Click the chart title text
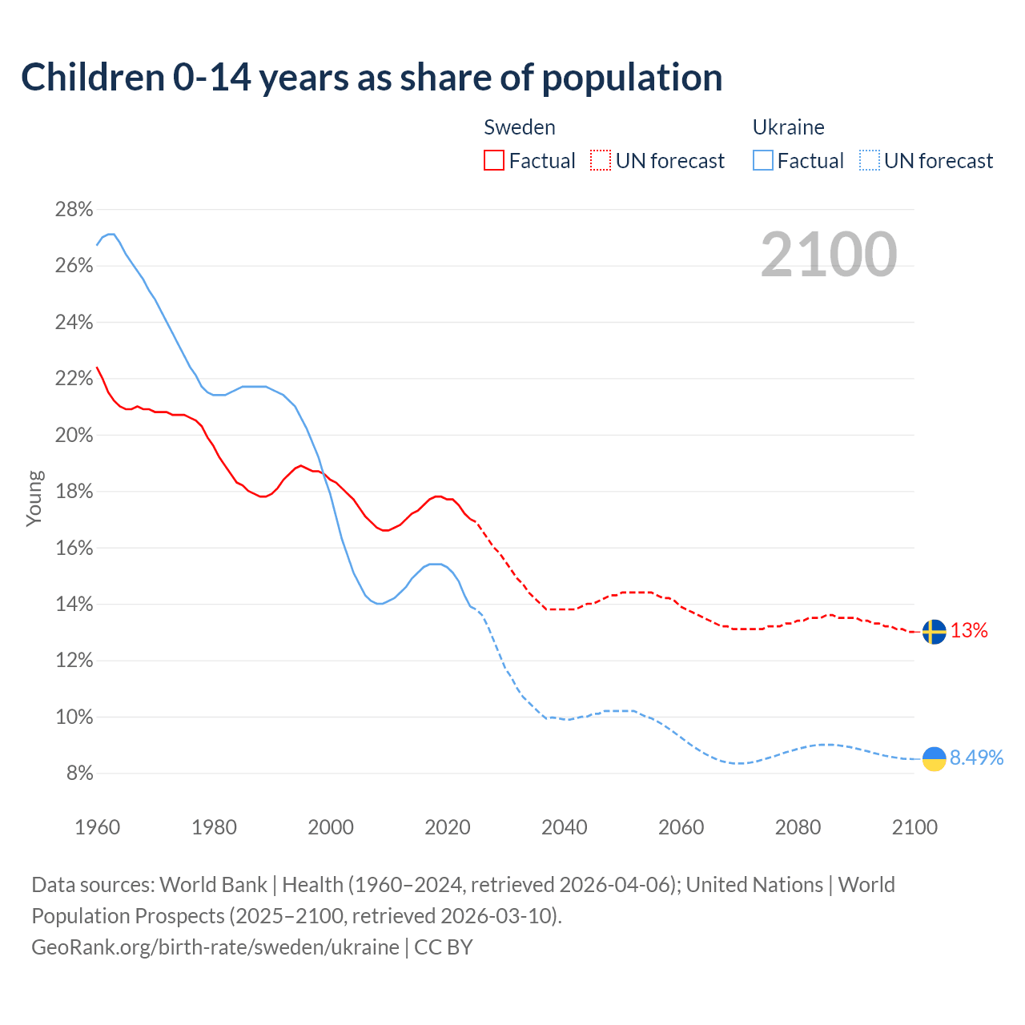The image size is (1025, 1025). [372, 78]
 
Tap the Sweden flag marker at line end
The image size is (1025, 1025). [934, 631]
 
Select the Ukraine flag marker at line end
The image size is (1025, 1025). [934, 758]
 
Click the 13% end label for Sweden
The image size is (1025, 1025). [969, 631]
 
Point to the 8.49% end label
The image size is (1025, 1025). [976, 758]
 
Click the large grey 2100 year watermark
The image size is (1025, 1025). [828, 255]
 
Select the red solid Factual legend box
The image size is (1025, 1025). [494, 161]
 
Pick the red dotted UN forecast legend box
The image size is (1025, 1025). [601, 161]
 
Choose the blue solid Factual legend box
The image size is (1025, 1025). [763, 161]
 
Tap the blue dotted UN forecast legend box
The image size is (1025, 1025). [869, 161]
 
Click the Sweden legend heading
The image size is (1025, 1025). [520, 127]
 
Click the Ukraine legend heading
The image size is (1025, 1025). [788, 127]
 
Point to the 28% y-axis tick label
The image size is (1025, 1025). [74, 210]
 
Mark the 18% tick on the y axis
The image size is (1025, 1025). [74, 492]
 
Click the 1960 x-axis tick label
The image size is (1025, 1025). [98, 827]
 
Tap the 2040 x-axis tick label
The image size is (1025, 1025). [565, 827]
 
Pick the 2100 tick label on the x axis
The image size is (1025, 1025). [914, 827]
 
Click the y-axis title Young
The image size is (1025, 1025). [34, 498]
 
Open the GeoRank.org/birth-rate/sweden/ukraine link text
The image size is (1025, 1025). [215, 947]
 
